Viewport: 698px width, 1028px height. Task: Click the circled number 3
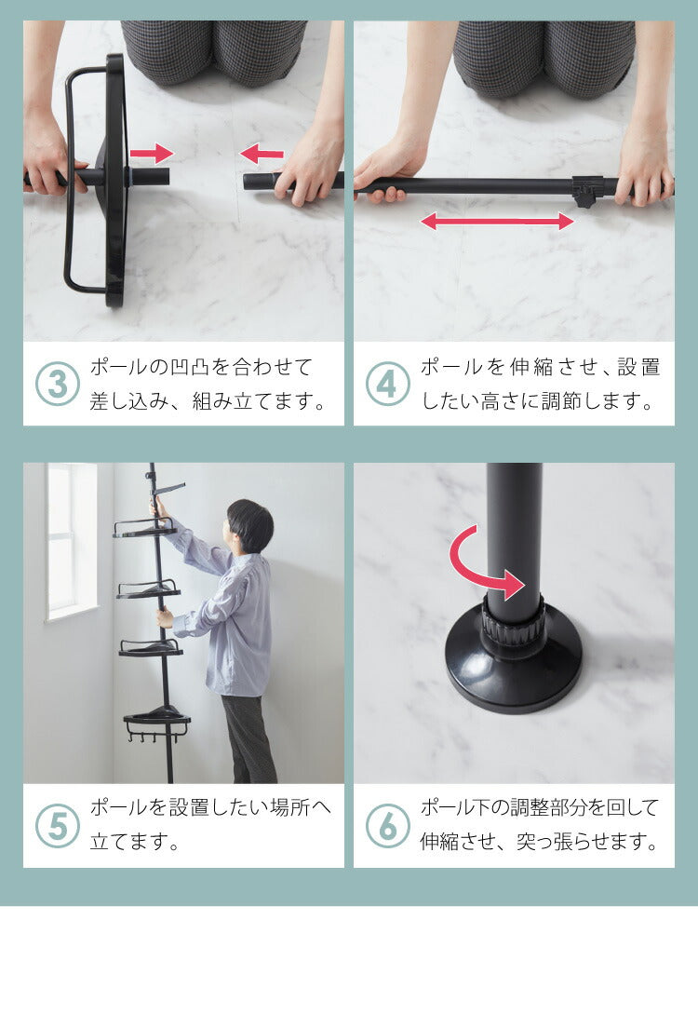click(58, 385)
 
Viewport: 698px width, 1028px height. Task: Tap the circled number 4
click(387, 385)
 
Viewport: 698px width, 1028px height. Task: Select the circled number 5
click(58, 826)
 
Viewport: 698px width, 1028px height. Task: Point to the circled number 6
click(387, 826)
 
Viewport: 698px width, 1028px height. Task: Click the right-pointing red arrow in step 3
click(152, 154)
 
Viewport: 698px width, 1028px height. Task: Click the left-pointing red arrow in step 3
click(262, 155)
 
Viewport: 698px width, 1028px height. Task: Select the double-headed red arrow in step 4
click(497, 221)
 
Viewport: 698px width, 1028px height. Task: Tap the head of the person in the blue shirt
click(249, 526)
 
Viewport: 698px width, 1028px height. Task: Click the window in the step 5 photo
click(72, 540)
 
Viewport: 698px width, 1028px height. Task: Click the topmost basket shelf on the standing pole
click(145, 528)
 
